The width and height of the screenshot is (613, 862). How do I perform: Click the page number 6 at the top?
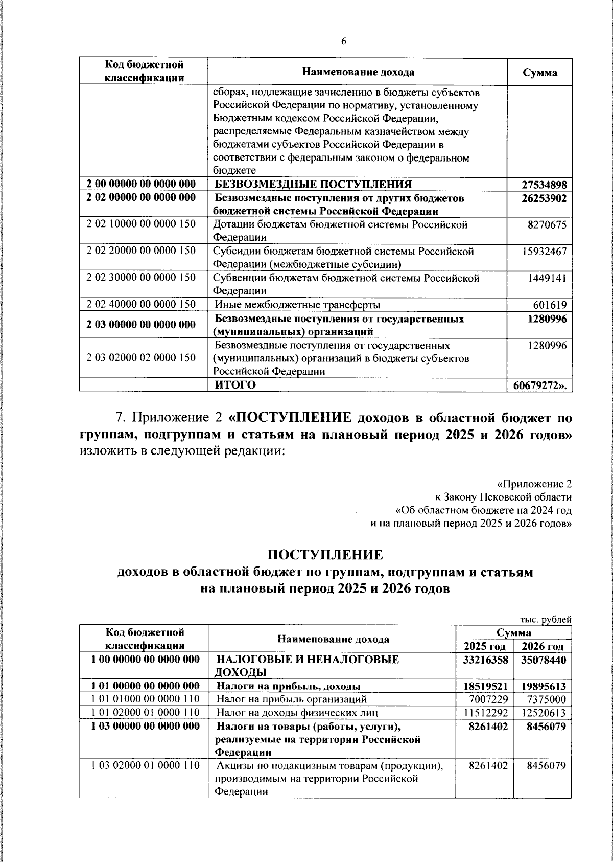click(x=343, y=41)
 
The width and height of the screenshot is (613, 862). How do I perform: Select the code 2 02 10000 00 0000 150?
click(x=142, y=224)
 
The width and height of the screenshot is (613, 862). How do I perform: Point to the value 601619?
click(x=549, y=305)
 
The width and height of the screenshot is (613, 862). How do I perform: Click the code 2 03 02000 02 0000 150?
click(x=142, y=358)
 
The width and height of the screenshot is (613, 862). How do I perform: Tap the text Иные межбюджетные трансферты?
click(x=297, y=305)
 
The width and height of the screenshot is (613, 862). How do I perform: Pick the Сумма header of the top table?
click(x=539, y=72)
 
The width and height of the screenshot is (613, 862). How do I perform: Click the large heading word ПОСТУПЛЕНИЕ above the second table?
click(x=325, y=555)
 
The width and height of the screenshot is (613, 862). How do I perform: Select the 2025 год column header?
click(x=484, y=646)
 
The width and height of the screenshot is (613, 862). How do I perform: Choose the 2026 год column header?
click(x=543, y=646)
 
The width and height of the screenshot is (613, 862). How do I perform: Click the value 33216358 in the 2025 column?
click(x=485, y=660)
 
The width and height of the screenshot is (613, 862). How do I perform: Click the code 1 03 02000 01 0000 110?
click(x=143, y=766)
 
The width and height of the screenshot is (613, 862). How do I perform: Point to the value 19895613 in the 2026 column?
click(x=543, y=686)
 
